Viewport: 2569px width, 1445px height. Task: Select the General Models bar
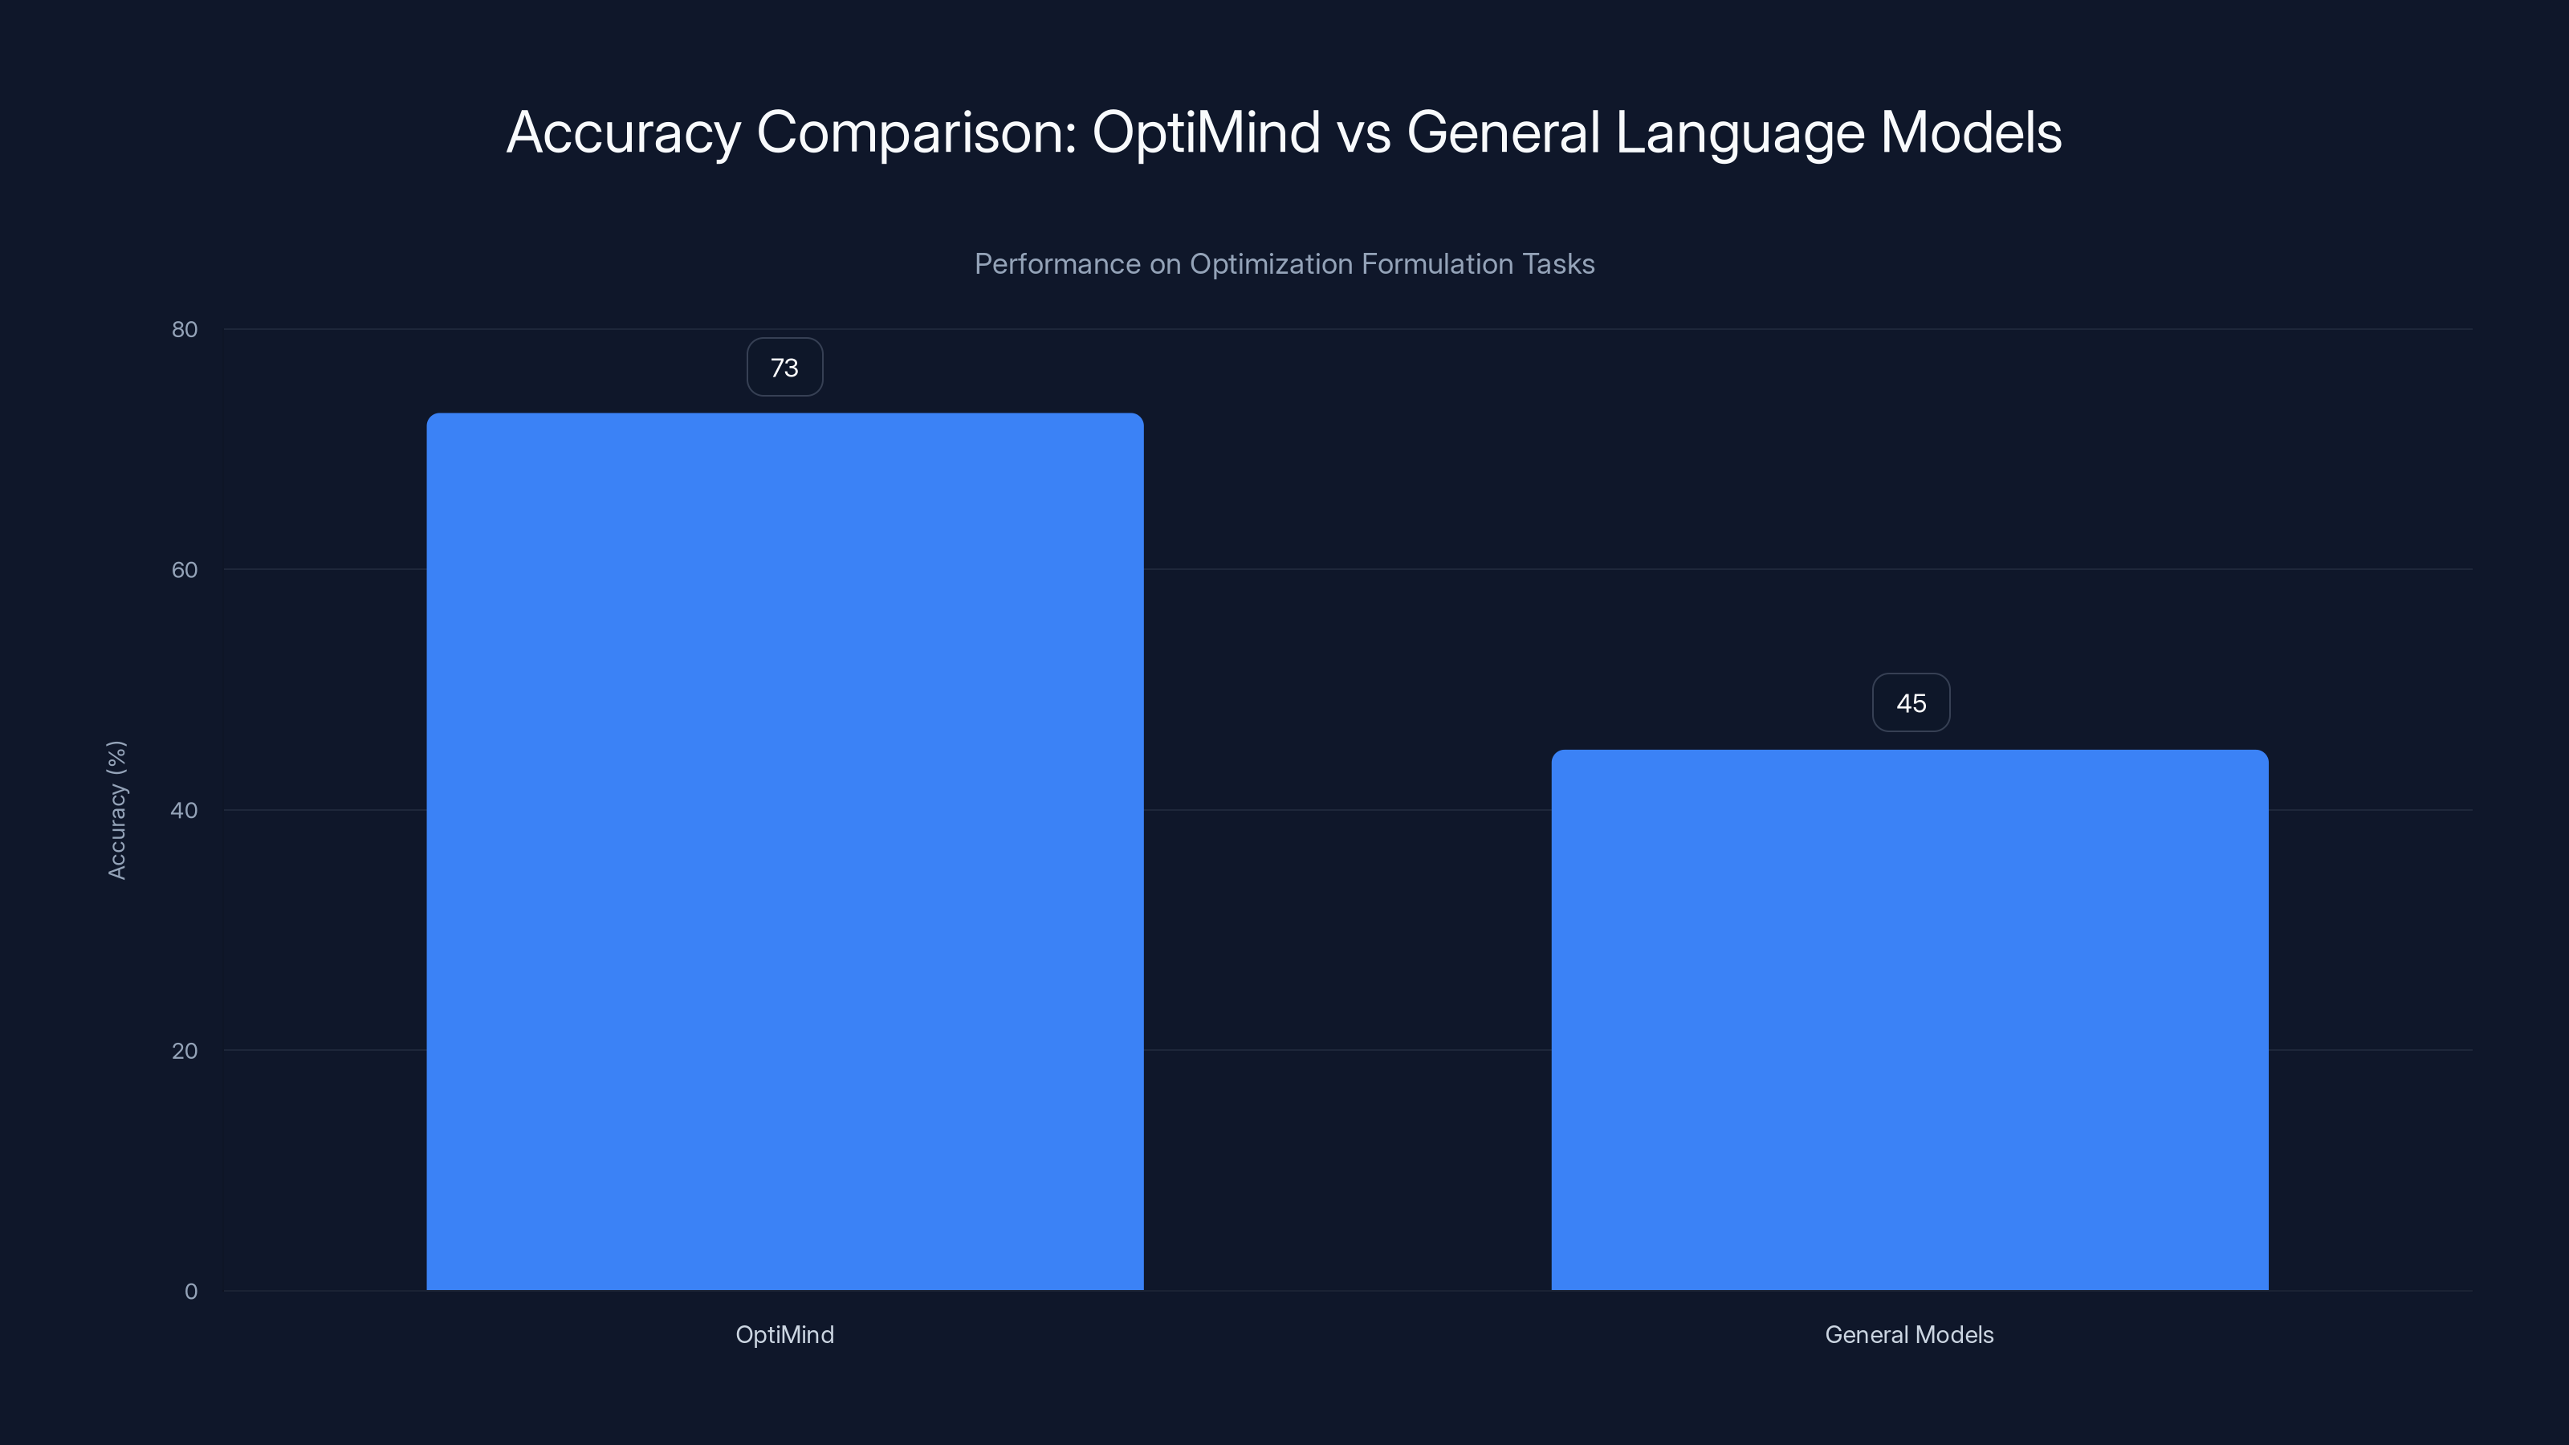(1909, 1020)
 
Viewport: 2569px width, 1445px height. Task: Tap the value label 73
(785, 367)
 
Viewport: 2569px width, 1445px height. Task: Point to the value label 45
(1911, 703)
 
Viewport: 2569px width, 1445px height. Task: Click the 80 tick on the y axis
(185, 329)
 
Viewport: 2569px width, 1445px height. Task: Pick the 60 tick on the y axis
(185, 569)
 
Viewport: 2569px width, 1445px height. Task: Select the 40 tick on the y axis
(185, 810)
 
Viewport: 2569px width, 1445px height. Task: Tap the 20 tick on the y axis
(185, 1050)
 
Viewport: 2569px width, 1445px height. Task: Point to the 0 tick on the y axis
(190, 1292)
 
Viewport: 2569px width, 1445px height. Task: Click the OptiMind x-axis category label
(785, 1334)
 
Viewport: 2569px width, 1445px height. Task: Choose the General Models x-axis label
(1909, 1334)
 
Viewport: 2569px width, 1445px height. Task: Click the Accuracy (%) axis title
(116, 810)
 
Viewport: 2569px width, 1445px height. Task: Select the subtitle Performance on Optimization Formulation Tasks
(1284, 264)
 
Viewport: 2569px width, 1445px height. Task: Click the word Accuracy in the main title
(623, 132)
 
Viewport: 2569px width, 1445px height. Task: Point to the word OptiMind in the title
(1206, 132)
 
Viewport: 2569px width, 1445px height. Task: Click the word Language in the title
(1739, 132)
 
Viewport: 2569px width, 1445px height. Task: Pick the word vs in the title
(1363, 132)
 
